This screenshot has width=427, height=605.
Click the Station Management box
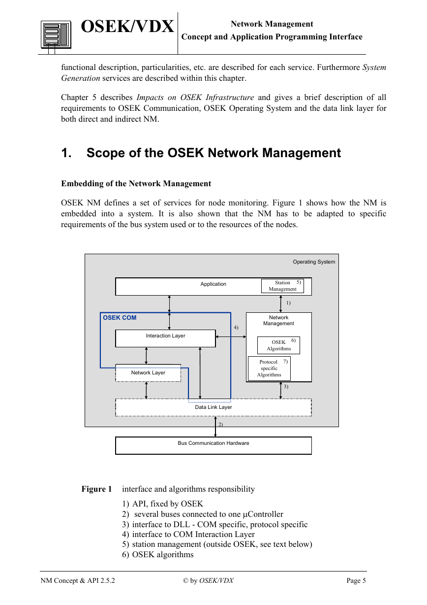282,286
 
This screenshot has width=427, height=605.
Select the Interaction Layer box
165,338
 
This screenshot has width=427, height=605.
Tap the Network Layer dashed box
148,373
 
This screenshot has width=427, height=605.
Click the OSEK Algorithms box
278,345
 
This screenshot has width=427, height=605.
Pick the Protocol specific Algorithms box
269,369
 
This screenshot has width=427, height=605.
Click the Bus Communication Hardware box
213,446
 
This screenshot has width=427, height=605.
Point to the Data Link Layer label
213,407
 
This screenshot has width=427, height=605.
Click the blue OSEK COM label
120,318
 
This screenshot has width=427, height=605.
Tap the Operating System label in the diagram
314,262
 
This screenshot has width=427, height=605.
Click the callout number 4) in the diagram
236,327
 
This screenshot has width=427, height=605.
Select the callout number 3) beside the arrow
286,386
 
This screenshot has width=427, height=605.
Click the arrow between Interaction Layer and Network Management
231,337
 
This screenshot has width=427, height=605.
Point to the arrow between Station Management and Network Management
280,304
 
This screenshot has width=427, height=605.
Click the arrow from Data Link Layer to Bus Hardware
215,427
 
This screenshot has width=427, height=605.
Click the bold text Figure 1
96,489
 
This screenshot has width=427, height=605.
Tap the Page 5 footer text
356,580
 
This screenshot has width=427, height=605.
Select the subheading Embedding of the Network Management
136,184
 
